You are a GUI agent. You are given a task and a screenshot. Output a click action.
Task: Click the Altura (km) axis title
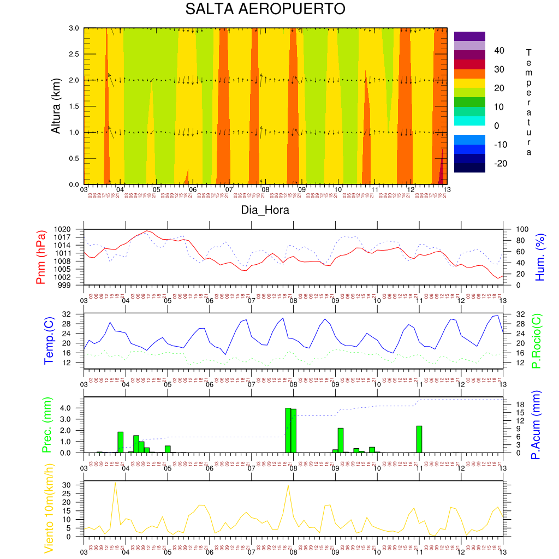coord(56,106)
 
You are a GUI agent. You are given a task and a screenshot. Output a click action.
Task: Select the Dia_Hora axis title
coord(265,210)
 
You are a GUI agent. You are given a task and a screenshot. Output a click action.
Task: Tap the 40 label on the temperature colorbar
coord(499,51)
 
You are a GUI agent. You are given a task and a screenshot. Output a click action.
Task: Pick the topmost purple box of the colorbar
coord(469,36)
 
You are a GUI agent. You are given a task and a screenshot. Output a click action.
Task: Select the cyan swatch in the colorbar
coord(469,121)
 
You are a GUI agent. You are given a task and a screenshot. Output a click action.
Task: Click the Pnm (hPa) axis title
coord(41,257)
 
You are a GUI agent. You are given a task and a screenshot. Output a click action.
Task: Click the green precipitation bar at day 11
coord(419,439)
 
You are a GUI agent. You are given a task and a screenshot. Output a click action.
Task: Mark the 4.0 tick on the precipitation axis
coord(74,408)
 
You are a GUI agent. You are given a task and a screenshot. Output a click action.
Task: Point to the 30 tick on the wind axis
coord(74,485)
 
